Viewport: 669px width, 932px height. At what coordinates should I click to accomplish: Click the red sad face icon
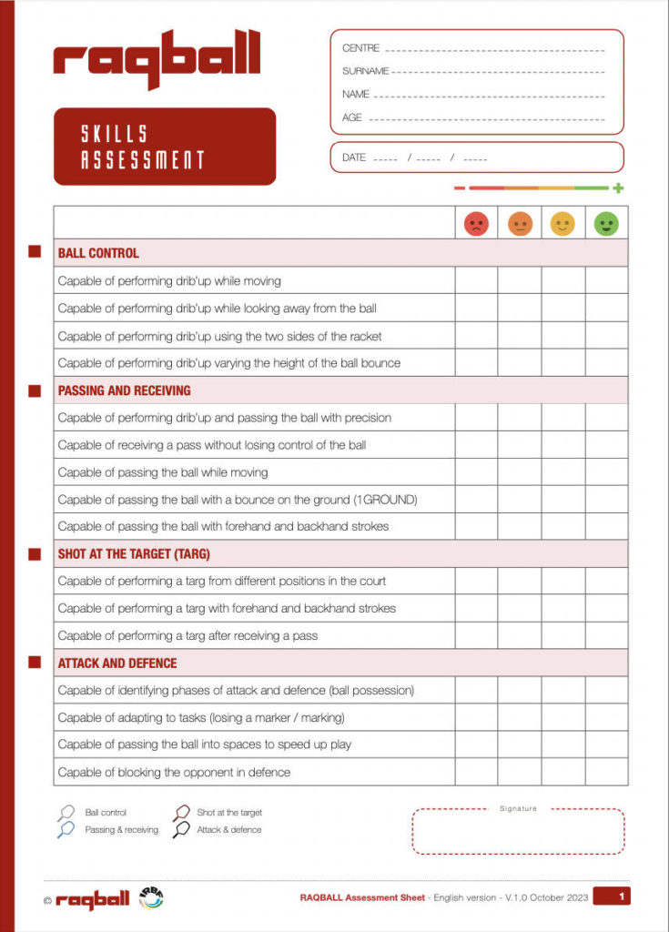point(476,224)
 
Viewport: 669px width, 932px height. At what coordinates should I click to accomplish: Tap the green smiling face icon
point(606,224)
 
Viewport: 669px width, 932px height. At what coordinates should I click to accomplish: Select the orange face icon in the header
point(520,224)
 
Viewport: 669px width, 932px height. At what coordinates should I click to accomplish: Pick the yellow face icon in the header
point(563,224)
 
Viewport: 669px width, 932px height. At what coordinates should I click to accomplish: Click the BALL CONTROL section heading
point(98,253)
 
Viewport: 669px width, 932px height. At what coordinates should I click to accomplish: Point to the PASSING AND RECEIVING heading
point(124,390)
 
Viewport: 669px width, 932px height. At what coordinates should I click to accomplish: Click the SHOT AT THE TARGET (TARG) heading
point(134,553)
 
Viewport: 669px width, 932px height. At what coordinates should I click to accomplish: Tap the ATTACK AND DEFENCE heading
point(117,664)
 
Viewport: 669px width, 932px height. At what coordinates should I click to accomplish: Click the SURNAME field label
point(365,71)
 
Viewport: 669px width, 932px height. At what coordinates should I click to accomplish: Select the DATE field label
point(354,157)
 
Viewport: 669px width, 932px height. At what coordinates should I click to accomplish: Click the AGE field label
point(352,118)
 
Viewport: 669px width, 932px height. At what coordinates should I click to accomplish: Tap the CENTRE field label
point(361,48)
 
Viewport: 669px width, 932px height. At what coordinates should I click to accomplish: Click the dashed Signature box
point(518,832)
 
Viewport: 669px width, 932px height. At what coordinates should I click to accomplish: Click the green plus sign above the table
point(618,188)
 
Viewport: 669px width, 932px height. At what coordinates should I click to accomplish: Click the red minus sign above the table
point(460,188)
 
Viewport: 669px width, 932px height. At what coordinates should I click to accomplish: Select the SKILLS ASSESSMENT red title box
point(165,147)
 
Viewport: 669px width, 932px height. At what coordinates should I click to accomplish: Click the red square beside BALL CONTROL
point(35,252)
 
